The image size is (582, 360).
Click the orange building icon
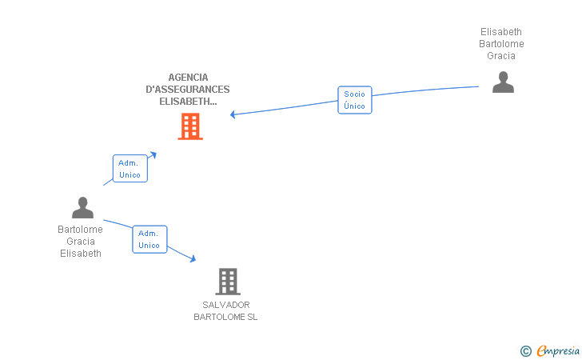tap(190, 126)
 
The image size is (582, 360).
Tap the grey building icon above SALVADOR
tap(228, 282)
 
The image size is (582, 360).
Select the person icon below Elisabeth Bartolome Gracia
tap(503, 82)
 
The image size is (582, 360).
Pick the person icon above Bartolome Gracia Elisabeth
tap(82, 208)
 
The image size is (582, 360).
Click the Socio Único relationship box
tap(355, 100)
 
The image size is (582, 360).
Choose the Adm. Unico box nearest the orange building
tap(130, 169)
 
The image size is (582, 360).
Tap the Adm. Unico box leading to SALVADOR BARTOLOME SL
tap(149, 239)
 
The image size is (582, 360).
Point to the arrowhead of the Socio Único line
tap(233, 114)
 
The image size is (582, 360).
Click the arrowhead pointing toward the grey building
tap(193, 258)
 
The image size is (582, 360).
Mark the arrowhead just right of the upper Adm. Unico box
tap(153, 154)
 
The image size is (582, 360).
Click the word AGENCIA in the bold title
tap(188, 78)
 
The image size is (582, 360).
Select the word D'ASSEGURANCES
tap(187, 90)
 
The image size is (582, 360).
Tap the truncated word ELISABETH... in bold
tap(188, 102)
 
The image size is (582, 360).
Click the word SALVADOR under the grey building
tap(226, 305)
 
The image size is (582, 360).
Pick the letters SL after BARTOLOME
tap(252, 317)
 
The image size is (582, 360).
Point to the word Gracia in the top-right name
tap(501, 56)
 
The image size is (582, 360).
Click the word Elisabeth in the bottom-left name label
tap(81, 254)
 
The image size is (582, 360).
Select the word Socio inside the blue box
tap(354, 94)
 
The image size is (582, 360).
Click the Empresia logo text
tap(558, 350)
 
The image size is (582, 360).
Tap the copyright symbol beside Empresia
tap(526, 351)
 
